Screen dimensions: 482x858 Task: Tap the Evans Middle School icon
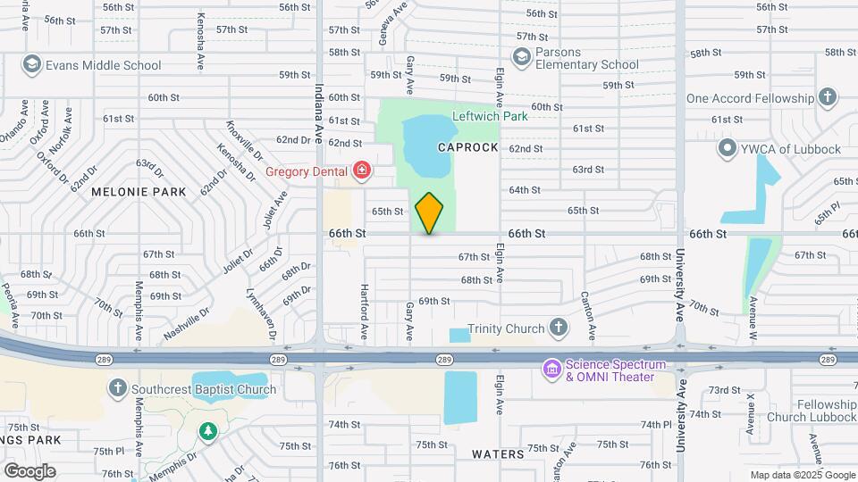(x=33, y=64)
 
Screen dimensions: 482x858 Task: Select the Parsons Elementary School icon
(x=521, y=57)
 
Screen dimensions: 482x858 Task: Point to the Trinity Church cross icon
(x=559, y=328)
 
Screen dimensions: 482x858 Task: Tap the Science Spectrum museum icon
(x=551, y=367)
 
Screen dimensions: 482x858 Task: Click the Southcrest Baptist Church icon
(x=117, y=388)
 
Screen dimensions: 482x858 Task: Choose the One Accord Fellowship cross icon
(x=828, y=97)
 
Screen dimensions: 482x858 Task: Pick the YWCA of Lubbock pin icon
(x=728, y=148)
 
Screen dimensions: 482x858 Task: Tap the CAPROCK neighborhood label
(x=467, y=146)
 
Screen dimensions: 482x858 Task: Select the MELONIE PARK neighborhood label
(x=139, y=191)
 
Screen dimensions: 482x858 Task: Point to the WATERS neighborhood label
(x=498, y=453)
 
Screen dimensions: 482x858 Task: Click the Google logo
(x=29, y=470)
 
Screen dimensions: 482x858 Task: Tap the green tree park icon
(x=208, y=431)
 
